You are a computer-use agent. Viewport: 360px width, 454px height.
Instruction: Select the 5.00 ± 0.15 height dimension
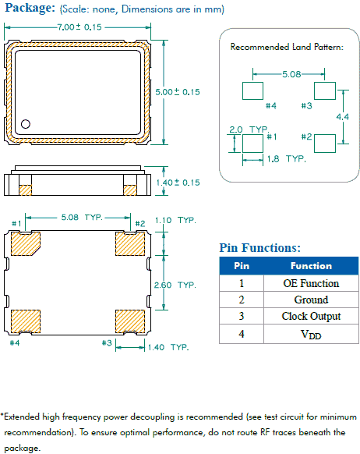179,91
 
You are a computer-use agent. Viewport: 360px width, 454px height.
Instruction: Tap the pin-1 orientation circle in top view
26,123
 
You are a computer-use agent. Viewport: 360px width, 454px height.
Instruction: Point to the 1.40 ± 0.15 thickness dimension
179,182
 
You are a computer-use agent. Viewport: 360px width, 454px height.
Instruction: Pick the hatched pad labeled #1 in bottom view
26,243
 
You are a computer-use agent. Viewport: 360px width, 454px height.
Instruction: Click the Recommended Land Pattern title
287,48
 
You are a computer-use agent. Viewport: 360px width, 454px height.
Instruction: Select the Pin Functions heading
259,248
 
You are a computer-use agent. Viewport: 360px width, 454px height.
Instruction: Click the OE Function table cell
311,283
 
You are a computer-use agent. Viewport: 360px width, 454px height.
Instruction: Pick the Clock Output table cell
311,316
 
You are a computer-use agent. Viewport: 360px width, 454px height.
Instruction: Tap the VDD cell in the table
311,334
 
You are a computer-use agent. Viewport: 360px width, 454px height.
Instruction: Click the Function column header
311,265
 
